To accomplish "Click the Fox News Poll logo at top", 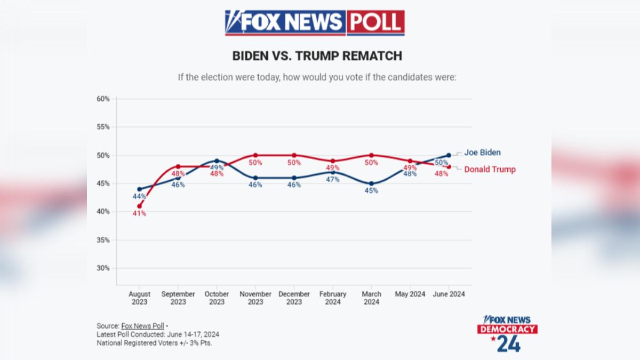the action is coord(315,23).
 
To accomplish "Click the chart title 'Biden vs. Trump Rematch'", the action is coord(317,55).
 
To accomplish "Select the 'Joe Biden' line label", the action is coord(482,153).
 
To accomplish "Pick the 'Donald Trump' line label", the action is coord(490,169).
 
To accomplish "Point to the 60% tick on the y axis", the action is coord(103,99).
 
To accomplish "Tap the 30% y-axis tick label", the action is coord(103,268).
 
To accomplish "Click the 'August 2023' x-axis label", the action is coord(139,298).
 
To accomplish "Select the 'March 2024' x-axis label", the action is coord(371,298).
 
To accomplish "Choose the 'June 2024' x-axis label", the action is coord(449,294).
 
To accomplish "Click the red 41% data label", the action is coord(139,213).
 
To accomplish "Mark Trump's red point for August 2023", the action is coord(139,206).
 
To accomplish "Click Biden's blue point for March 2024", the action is coord(371,183).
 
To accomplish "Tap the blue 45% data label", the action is coord(371,190).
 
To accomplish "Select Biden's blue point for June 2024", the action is coord(449,155).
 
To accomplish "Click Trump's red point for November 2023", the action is coord(255,155).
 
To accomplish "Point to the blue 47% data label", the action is coord(333,179).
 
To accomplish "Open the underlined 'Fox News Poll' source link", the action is coord(142,326).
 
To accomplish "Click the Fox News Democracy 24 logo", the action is coord(507,334).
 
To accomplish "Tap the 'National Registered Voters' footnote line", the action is coord(154,343).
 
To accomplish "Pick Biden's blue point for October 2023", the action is coord(217,161).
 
